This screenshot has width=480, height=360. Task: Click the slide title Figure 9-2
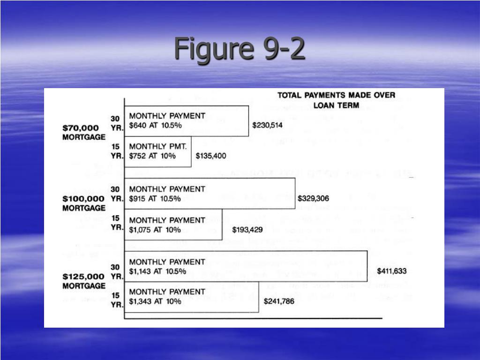pyautogui.click(x=240, y=49)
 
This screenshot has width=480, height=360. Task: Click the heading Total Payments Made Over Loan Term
pyautogui.click(x=336, y=100)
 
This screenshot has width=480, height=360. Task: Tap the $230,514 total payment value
pyautogui.click(x=267, y=125)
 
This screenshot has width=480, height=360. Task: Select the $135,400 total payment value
pyautogui.click(x=210, y=156)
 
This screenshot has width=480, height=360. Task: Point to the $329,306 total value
pyautogui.click(x=313, y=198)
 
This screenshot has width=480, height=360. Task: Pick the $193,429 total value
pyautogui.click(x=247, y=229)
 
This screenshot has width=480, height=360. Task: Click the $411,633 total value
pyautogui.click(x=391, y=271)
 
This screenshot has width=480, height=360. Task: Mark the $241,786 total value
pyautogui.click(x=279, y=301)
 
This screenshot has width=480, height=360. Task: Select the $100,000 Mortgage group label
pyautogui.click(x=84, y=202)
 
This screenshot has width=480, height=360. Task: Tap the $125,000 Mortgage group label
pyautogui.click(x=84, y=280)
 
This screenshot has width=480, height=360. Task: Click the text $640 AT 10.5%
pyautogui.click(x=155, y=125)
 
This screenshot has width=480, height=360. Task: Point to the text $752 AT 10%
pyautogui.click(x=152, y=156)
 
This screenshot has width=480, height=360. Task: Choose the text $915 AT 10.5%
pyautogui.click(x=155, y=199)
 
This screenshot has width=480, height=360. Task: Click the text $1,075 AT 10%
pyautogui.click(x=155, y=229)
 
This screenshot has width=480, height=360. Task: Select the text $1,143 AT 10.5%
pyautogui.click(x=157, y=271)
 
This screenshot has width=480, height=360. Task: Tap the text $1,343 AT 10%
pyautogui.click(x=155, y=301)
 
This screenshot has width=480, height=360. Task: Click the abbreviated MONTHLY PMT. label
pyautogui.click(x=158, y=146)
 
